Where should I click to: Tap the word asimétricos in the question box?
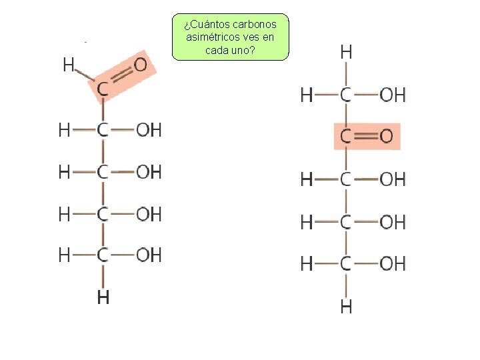coord(211,37)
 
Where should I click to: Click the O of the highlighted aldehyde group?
coord(141,65)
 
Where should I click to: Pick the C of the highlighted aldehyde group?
coord(103,89)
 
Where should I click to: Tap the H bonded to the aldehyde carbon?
coord(69,65)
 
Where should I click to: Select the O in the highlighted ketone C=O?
coord(386,137)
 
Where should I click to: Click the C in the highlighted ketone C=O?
coord(346,137)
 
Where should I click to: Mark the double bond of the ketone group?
coord(365,137)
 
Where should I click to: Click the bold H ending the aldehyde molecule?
coord(103,297)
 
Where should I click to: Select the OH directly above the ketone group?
coord(392,95)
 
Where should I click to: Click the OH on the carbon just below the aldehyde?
coord(149,130)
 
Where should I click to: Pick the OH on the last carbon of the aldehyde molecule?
coord(149,255)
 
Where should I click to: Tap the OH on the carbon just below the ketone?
coord(392,179)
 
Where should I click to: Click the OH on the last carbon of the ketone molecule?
coord(392,264)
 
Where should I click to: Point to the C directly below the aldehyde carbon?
coord(103,130)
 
